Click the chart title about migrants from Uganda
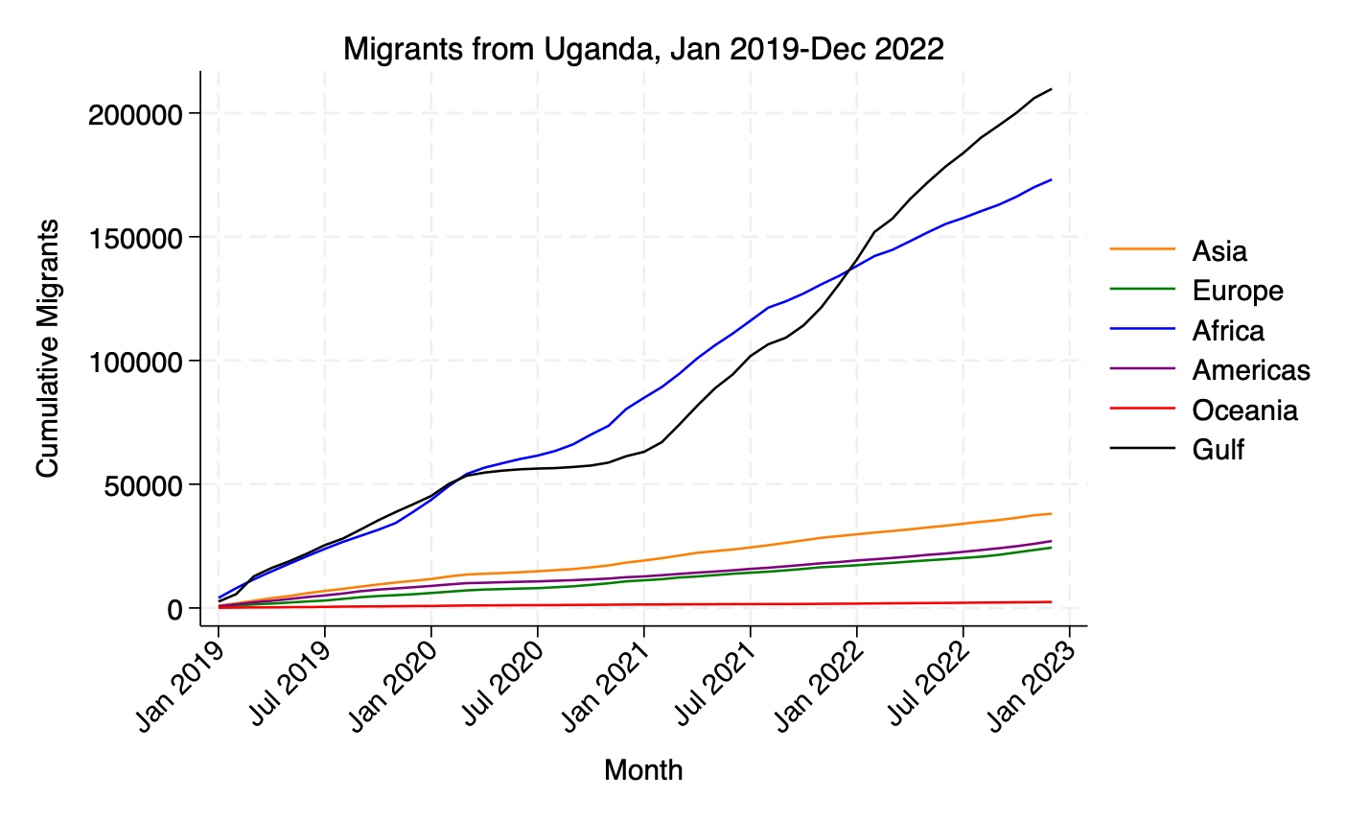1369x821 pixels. pyautogui.click(x=643, y=49)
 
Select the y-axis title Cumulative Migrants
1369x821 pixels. pyautogui.click(x=48, y=348)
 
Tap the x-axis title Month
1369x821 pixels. pyautogui.click(x=643, y=769)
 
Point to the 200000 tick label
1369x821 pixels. pyautogui.click(x=135, y=114)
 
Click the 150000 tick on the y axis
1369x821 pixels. pyautogui.click(x=135, y=238)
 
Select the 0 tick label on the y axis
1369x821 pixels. pyautogui.click(x=174, y=609)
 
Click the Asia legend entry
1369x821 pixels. pyautogui.click(x=1219, y=251)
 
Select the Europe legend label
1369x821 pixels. pyautogui.click(x=1237, y=291)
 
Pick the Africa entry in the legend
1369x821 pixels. pyautogui.click(x=1228, y=331)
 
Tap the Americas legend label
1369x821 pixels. pyautogui.click(x=1250, y=370)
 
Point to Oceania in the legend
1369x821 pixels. pyautogui.click(x=1244, y=410)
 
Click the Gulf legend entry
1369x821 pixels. pyautogui.click(x=1218, y=450)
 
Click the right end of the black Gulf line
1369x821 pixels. pyautogui.click(x=1052, y=89)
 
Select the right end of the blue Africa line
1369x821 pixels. pyautogui.click(x=1052, y=179)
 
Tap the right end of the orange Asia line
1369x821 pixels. pyautogui.click(x=1052, y=513)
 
